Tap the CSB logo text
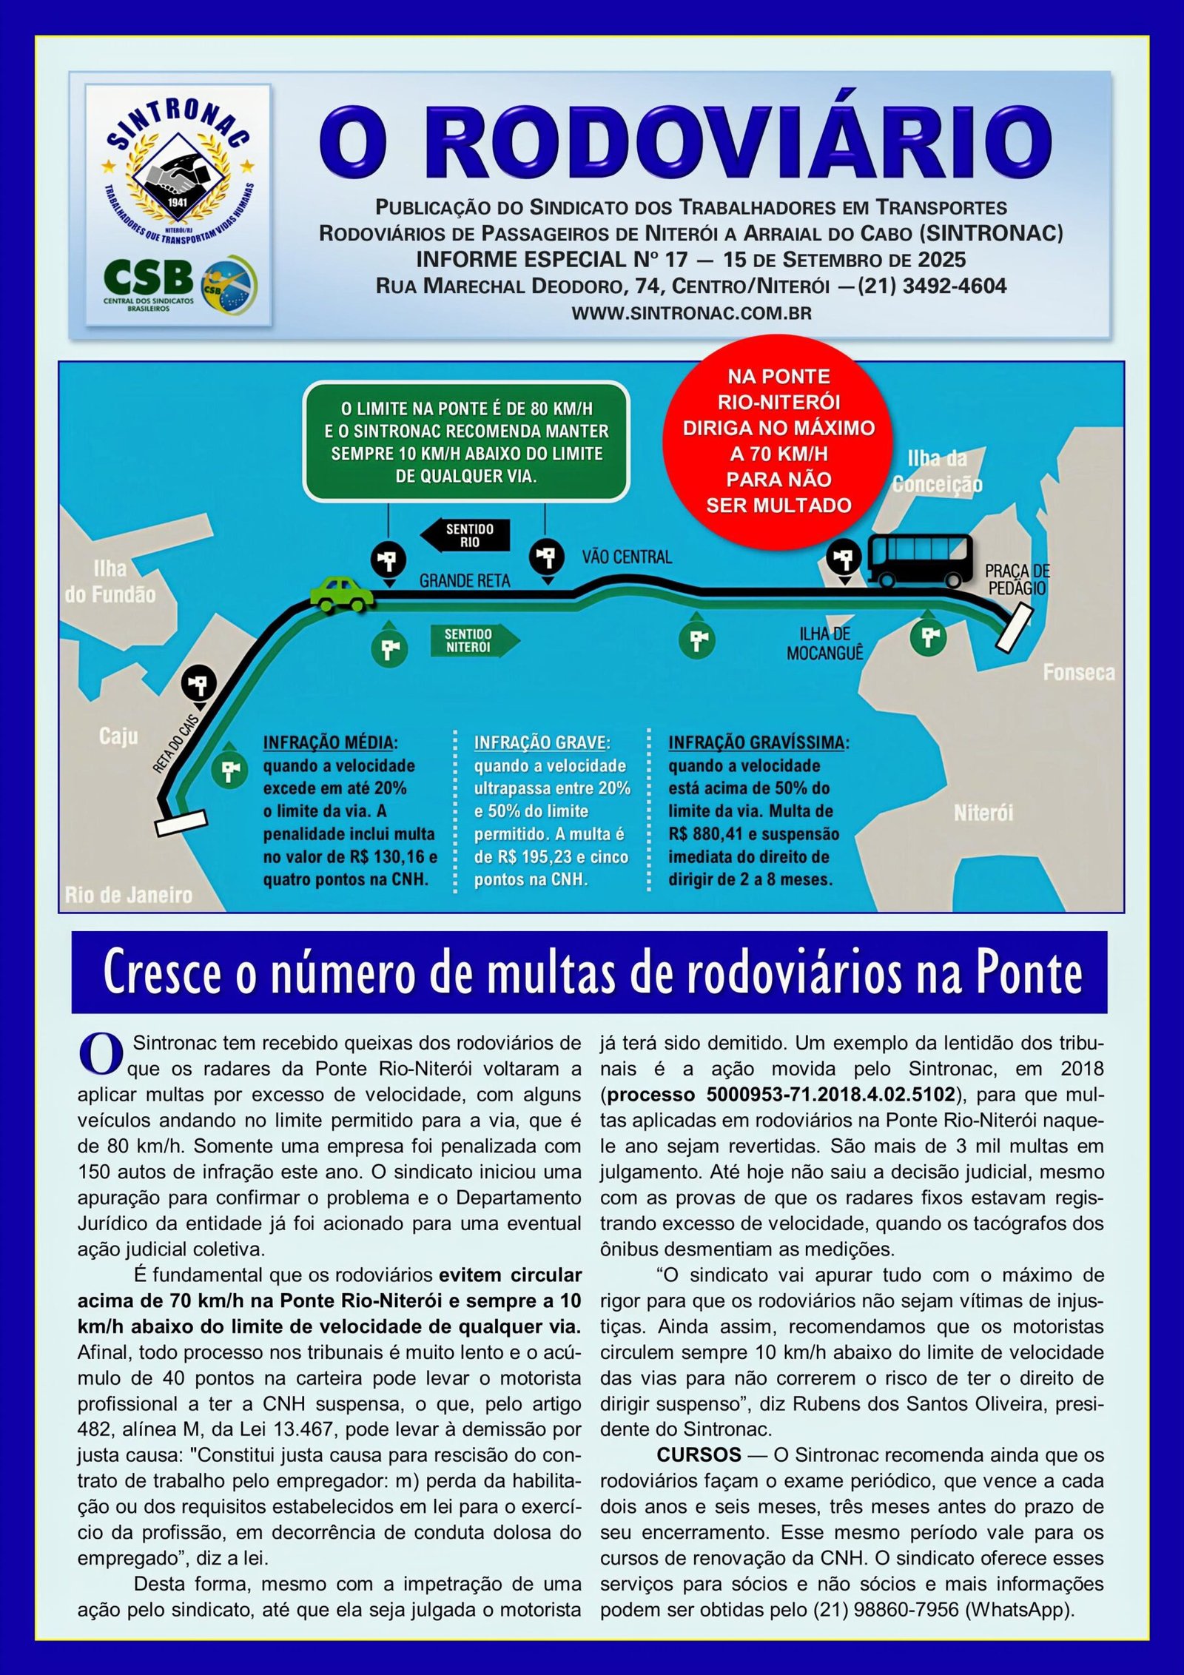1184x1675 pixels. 148,278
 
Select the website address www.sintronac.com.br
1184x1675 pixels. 691,313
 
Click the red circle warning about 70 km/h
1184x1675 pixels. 778,441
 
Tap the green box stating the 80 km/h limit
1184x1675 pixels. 466,442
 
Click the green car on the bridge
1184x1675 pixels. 342,594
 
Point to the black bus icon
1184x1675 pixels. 920,560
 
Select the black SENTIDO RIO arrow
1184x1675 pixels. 465,535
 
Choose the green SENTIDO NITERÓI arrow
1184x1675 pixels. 474,641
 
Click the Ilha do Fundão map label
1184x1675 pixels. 110,582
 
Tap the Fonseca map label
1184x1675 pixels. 1078,672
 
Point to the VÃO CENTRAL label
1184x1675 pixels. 627,557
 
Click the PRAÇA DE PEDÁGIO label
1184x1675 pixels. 1017,580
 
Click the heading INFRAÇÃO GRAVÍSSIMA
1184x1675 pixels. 758,742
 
